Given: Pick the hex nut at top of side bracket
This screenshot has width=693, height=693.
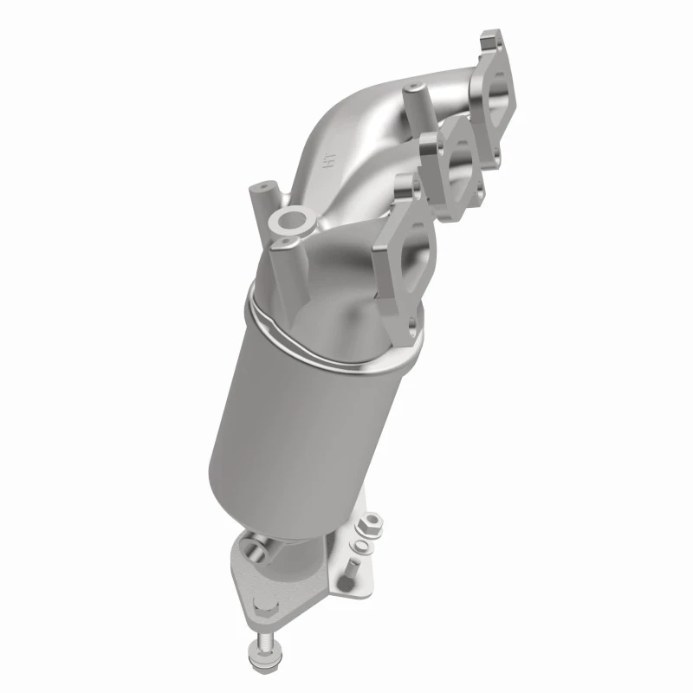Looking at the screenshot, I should click(x=370, y=523).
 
